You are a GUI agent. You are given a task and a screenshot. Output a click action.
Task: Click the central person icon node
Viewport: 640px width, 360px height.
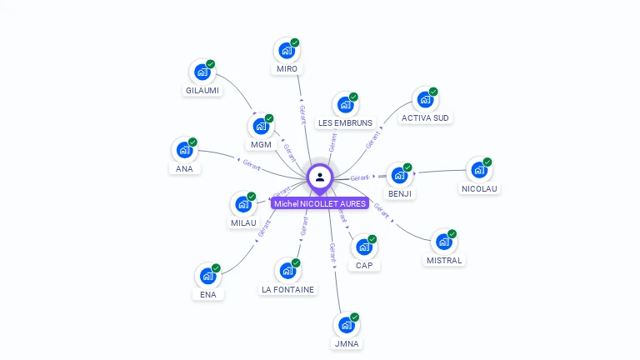pyautogui.click(x=320, y=177)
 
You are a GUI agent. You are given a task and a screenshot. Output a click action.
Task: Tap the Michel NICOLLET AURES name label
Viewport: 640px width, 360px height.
pyautogui.click(x=320, y=203)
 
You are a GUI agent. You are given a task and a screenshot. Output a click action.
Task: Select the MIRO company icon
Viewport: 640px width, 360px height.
pyautogui.click(x=287, y=50)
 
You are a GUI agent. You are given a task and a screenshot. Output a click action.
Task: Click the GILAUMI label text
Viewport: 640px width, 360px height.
pyautogui.click(x=203, y=90)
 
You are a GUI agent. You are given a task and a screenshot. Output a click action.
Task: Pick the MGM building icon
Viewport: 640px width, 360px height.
pyautogui.click(x=261, y=127)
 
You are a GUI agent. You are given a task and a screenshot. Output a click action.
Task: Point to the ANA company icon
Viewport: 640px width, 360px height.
pyautogui.click(x=184, y=150)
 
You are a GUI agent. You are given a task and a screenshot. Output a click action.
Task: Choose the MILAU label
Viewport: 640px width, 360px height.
pyautogui.click(x=243, y=222)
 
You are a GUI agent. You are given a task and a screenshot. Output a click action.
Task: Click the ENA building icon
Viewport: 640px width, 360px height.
pyautogui.click(x=207, y=276)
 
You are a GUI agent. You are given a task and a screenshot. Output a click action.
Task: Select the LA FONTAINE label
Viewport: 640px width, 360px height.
pyautogui.click(x=287, y=289)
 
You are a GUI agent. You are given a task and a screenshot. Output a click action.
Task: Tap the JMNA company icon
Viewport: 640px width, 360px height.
pyautogui.click(x=346, y=325)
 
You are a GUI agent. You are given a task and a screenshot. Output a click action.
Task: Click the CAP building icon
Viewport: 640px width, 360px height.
pyautogui.click(x=364, y=247)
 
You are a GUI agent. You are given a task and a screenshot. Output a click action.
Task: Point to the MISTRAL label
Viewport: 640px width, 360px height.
pyautogui.click(x=443, y=260)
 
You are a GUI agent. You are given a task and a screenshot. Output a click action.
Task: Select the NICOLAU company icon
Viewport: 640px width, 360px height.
pyautogui.click(x=479, y=170)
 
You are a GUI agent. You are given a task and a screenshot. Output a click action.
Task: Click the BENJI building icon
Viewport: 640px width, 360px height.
pyautogui.click(x=400, y=175)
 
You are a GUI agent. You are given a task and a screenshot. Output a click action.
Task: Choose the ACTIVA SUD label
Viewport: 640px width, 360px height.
pyautogui.click(x=425, y=117)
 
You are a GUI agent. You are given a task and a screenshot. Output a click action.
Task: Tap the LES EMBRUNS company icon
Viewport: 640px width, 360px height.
pyautogui.click(x=345, y=105)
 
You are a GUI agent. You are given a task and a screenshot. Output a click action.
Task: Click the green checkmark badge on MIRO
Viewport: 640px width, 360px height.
pyautogui.click(x=295, y=42)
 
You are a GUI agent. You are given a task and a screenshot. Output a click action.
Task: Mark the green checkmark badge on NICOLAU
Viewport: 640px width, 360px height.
pyautogui.click(x=487, y=162)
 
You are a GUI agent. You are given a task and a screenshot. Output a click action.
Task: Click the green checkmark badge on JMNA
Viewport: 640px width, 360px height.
pyautogui.click(x=354, y=317)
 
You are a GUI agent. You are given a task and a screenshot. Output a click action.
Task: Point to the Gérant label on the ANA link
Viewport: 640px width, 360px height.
pyautogui.click(x=252, y=164)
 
